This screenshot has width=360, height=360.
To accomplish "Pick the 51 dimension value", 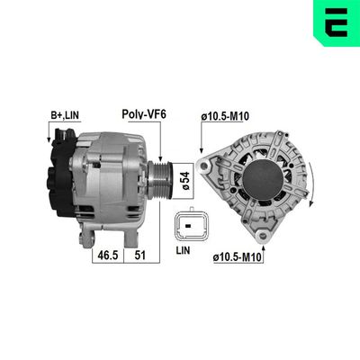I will [141, 255].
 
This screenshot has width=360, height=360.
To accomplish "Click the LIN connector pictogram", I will [190, 226].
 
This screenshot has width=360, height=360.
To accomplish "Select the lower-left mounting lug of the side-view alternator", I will [88, 238].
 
